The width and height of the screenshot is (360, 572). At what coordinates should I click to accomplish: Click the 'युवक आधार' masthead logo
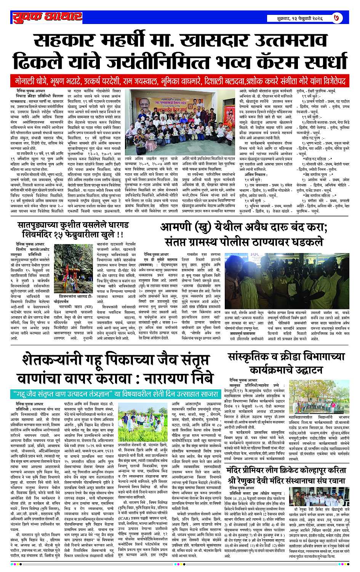click(x=46, y=16)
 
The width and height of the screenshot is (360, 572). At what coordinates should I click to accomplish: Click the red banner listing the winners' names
click(x=180, y=81)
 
